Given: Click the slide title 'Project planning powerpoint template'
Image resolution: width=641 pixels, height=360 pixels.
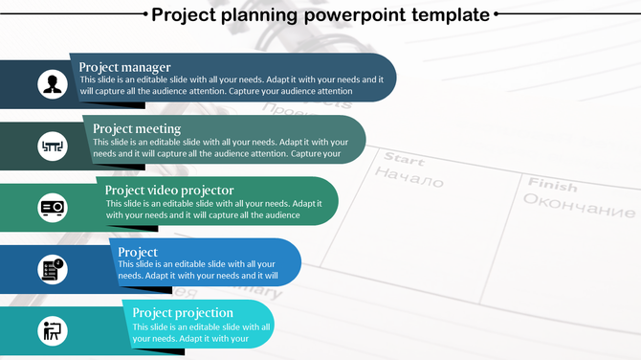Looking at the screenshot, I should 320,14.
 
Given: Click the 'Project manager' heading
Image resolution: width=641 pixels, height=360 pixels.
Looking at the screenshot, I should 124,67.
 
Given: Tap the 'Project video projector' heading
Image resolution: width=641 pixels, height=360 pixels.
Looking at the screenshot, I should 169,190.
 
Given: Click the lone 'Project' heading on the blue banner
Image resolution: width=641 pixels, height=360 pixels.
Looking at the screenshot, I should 138,252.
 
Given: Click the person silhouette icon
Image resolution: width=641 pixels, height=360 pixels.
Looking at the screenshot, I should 52,84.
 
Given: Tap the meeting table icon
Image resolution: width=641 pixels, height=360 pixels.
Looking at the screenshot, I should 52,146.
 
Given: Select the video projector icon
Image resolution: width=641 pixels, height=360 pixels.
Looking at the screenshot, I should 52,208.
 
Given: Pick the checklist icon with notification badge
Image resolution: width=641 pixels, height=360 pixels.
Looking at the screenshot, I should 52,269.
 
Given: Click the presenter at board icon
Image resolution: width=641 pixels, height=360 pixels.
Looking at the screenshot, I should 52,331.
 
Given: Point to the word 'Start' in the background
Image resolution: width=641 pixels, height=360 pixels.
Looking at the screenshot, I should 403,160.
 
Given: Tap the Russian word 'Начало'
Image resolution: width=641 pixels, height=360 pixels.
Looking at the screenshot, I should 409,178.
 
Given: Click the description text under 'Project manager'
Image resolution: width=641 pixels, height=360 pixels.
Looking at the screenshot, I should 231,85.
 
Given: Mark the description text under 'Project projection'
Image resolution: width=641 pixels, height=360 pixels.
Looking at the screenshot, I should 201,332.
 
